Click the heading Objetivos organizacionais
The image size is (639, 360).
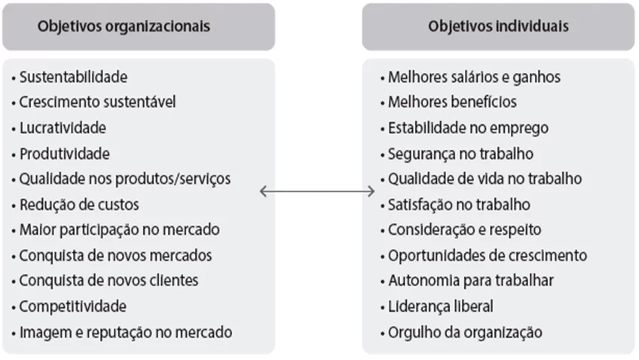(x=124, y=26)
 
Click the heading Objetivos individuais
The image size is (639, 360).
(x=498, y=26)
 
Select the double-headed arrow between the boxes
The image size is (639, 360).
(x=317, y=191)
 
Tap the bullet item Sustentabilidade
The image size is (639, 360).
(x=73, y=77)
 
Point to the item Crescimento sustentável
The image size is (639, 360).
(x=97, y=102)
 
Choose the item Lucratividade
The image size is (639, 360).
(x=63, y=128)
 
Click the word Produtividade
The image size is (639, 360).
(x=65, y=154)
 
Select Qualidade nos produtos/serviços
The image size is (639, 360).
(x=125, y=179)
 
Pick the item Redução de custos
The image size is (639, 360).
(x=79, y=205)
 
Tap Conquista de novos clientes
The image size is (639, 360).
(x=109, y=281)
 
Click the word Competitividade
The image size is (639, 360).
(x=73, y=307)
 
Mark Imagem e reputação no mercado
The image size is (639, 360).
(x=126, y=333)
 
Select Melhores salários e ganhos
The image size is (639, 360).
(x=475, y=78)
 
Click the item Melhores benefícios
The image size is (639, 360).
(x=452, y=102)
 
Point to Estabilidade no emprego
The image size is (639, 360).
(x=468, y=128)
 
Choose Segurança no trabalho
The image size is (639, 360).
(x=460, y=154)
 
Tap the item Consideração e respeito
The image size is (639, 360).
(x=465, y=230)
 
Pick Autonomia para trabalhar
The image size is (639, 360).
(x=471, y=281)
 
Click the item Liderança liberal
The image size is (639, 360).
(x=441, y=307)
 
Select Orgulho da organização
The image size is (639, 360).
(x=465, y=333)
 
